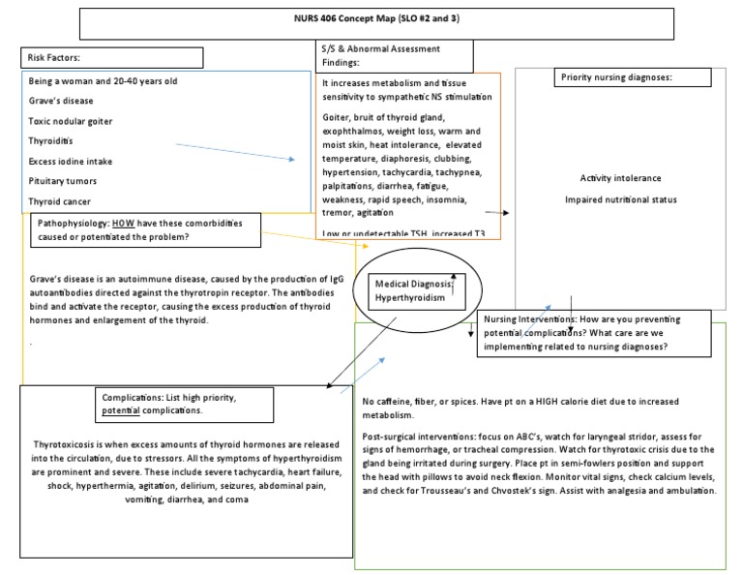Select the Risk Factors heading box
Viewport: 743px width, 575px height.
111,58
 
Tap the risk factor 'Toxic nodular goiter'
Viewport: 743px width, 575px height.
71,121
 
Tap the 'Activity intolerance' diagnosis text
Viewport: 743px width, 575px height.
621,178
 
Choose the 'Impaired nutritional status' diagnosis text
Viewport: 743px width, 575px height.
621,199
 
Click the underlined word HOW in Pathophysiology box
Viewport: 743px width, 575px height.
124,223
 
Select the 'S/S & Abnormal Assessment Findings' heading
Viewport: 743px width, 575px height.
380,54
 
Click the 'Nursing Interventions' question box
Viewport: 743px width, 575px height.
594,332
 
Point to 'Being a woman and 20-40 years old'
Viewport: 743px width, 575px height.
103,80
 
